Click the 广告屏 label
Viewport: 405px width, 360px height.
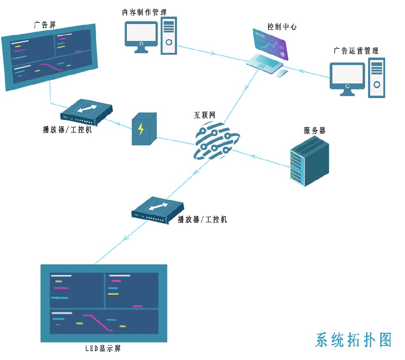[45, 25]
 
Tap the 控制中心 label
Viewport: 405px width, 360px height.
[282, 27]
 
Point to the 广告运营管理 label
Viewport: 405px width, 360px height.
[356, 51]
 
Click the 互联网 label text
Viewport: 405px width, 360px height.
[205, 116]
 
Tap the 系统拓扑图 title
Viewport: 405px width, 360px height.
[354, 340]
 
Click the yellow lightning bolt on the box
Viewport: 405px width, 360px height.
[141, 129]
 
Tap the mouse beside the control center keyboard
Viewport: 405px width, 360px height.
[282, 73]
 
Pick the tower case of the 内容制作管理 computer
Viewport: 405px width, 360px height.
[169, 36]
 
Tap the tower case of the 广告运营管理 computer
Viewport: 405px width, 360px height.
[376, 78]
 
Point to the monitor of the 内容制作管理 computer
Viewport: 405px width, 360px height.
[141, 35]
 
